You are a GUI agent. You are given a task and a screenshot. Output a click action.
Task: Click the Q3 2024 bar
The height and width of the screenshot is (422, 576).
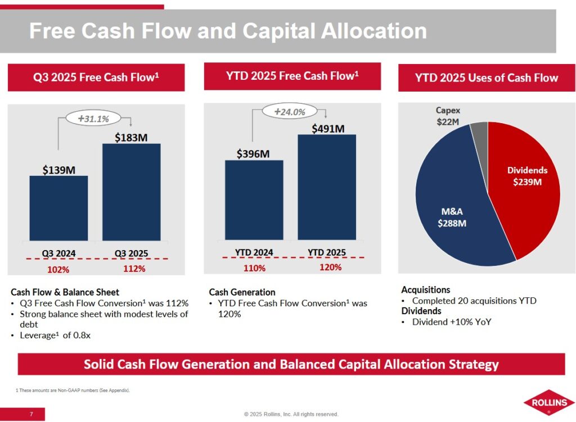tap(58, 208)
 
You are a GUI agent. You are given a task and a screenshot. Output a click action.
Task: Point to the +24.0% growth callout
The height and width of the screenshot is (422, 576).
tap(290, 112)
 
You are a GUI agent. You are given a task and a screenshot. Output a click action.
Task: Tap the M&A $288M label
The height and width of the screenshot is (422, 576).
tap(452, 217)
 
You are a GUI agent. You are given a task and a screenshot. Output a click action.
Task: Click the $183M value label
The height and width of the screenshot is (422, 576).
tap(131, 137)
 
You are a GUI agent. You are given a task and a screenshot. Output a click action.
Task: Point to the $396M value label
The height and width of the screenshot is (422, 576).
tap(253, 153)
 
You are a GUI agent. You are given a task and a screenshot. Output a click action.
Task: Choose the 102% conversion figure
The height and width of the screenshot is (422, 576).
tap(58, 269)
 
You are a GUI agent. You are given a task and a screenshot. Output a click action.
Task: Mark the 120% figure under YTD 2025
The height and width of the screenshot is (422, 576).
tap(330, 267)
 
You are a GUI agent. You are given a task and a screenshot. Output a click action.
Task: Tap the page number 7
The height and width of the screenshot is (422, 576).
tap(31, 415)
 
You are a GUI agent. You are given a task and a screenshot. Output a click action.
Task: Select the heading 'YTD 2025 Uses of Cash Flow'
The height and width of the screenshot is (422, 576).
tap(486, 78)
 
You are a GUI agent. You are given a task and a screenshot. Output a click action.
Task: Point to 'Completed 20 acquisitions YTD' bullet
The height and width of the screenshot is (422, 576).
tap(474, 301)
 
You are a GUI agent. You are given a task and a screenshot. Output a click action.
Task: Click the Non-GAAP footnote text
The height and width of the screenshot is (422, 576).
tap(73, 389)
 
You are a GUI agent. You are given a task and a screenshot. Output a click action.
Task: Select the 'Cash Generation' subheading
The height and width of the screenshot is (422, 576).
tap(242, 292)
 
